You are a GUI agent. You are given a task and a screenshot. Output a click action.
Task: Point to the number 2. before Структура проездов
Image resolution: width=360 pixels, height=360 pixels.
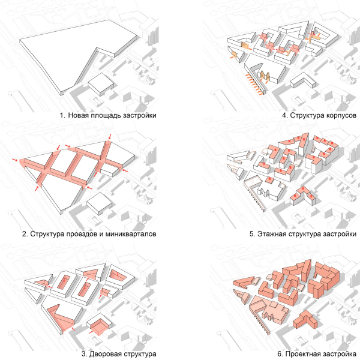pos(25,234)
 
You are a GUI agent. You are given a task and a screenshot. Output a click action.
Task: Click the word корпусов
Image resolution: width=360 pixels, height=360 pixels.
pos(341,115)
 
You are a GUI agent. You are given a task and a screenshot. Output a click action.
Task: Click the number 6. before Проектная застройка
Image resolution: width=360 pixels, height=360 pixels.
pos(280,354)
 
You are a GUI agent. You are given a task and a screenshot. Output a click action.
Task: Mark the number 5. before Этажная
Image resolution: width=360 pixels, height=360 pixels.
pos(253,234)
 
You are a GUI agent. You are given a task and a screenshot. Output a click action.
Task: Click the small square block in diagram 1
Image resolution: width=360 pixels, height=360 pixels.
pos(101,84)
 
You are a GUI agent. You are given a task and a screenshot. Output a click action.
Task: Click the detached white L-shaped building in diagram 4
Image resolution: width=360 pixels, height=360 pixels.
pos(302,80)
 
